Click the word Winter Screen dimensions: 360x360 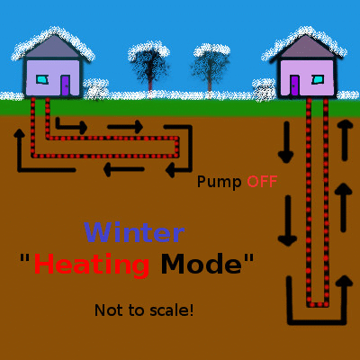pos(134,232)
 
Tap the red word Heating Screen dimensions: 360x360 pos(92,265)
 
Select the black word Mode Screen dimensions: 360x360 pos(202,264)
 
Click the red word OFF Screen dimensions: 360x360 pos(262,182)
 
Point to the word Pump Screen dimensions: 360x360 pos(220,183)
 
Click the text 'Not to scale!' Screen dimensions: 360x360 pos(144,310)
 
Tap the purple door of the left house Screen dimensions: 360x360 pos(66,85)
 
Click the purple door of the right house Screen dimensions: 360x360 pos(294,85)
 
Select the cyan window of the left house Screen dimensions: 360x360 pos(42,79)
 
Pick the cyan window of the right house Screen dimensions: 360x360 pos(318,79)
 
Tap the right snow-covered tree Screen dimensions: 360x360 pos(211,67)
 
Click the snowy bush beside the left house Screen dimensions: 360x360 pos(96,89)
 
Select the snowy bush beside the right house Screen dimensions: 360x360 pos(264,89)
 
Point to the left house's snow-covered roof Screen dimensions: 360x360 pos(53,44)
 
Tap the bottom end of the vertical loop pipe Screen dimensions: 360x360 pos(318,304)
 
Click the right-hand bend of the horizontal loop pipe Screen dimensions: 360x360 pos(176,147)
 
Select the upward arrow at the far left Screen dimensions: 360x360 pos(19,150)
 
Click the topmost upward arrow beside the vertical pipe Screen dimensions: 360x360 pos(345,139)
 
